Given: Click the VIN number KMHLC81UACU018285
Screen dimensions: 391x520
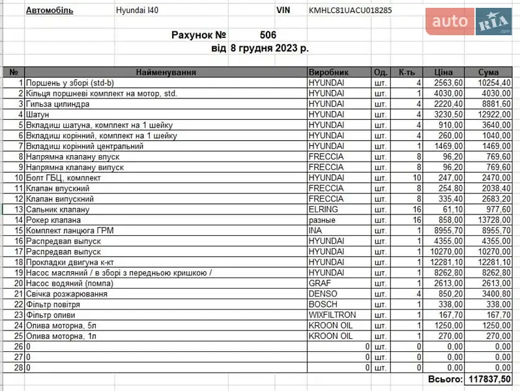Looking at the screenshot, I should [350, 10].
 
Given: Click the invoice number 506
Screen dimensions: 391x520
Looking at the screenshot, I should [268, 35].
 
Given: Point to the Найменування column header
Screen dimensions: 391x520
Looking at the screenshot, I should [166, 72].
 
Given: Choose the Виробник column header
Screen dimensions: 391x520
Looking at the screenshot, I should [328, 72].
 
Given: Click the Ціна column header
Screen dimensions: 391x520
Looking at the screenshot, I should [443, 72].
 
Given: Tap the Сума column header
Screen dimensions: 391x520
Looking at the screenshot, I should [488, 72].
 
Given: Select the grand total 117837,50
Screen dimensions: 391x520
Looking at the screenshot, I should [489, 379].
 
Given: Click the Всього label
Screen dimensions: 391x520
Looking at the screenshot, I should [445, 379].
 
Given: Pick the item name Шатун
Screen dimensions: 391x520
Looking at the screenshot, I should [37, 115].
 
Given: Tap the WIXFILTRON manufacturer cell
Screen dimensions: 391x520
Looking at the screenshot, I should [332, 315].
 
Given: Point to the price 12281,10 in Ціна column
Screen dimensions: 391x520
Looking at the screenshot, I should [446, 262].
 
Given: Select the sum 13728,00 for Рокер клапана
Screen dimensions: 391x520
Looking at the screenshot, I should [493, 220].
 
